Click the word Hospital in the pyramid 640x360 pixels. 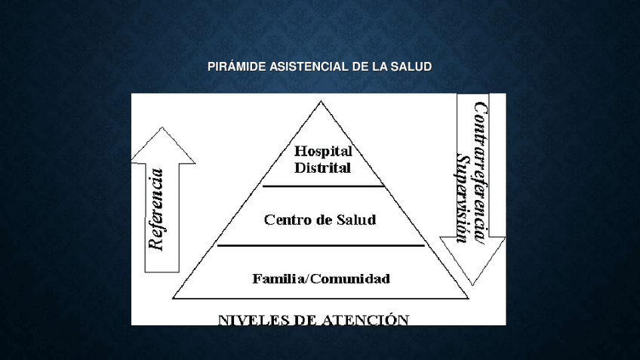(x=323, y=152)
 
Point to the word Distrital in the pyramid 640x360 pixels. (x=322, y=168)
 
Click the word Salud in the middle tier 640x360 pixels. (x=356, y=220)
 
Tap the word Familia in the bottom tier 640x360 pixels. (x=278, y=278)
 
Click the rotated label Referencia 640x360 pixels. (x=156, y=209)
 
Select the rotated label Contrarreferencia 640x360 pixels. (x=480, y=173)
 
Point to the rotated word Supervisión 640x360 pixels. (x=462, y=198)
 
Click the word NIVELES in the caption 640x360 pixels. (x=252, y=320)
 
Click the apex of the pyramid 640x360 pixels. (x=321, y=101)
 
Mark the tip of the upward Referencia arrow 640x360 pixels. (x=162, y=128)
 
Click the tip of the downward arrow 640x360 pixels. (x=472, y=285)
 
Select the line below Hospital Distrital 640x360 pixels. (x=323, y=186)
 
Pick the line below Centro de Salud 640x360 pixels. (x=321, y=246)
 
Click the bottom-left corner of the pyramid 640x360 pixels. (x=173, y=298)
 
